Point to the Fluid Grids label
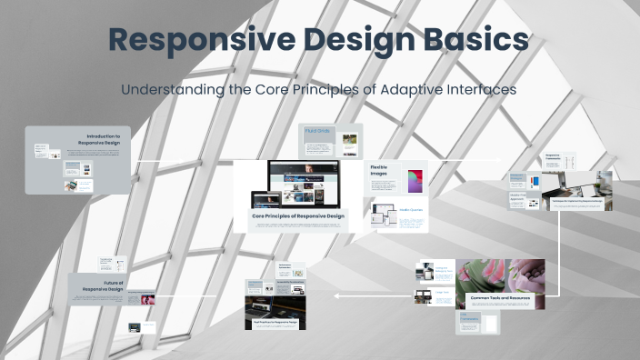tap(317, 132)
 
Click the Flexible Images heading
tap(379, 171)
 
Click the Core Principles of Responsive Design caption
tap(298, 215)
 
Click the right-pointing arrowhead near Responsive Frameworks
tap(497, 158)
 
